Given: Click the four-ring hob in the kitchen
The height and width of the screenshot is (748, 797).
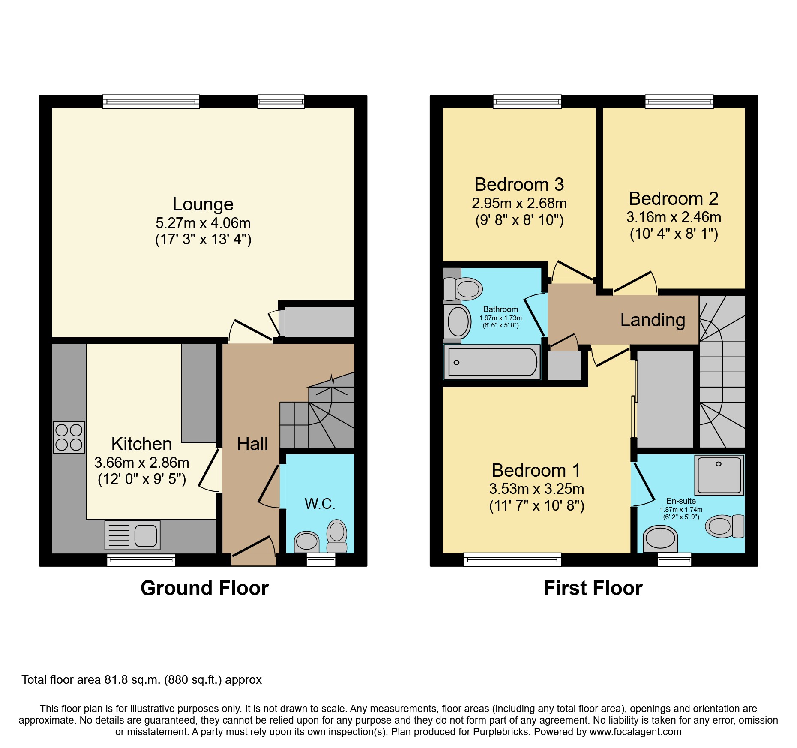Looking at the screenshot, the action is (x=69, y=438).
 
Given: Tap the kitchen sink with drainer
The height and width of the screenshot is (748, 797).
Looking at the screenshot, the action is (x=132, y=535).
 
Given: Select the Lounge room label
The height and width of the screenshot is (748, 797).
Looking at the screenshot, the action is (x=203, y=204).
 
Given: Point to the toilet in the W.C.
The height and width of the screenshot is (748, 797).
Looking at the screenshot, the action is (x=337, y=536).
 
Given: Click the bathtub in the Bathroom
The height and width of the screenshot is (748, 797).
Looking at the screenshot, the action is (x=492, y=362).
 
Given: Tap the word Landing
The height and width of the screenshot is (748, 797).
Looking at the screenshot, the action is (x=653, y=320).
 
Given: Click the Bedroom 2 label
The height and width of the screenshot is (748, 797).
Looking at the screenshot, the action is (x=674, y=199).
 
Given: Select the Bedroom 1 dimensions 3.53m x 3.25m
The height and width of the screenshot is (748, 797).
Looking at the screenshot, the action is (x=537, y=489).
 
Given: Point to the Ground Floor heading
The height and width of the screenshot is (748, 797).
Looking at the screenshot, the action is (x=205, y=588).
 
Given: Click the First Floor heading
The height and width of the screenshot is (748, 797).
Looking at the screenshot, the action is (x=593, y=588).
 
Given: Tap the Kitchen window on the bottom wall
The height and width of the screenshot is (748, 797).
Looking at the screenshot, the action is (x=141, y=560).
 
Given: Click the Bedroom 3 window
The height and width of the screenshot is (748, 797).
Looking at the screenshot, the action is (x=527, y=102).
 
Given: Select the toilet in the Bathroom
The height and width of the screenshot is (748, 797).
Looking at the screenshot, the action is (x=463, y=289).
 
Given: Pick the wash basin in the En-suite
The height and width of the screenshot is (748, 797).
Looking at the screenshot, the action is (x=660, y=539).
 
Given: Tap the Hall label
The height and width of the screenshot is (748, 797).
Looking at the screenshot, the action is (x=252, y=444).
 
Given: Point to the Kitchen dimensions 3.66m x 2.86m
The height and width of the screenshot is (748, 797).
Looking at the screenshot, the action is (x=142, y=463).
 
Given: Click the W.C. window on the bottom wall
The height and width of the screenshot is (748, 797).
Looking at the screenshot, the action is (x=321, y=559).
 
